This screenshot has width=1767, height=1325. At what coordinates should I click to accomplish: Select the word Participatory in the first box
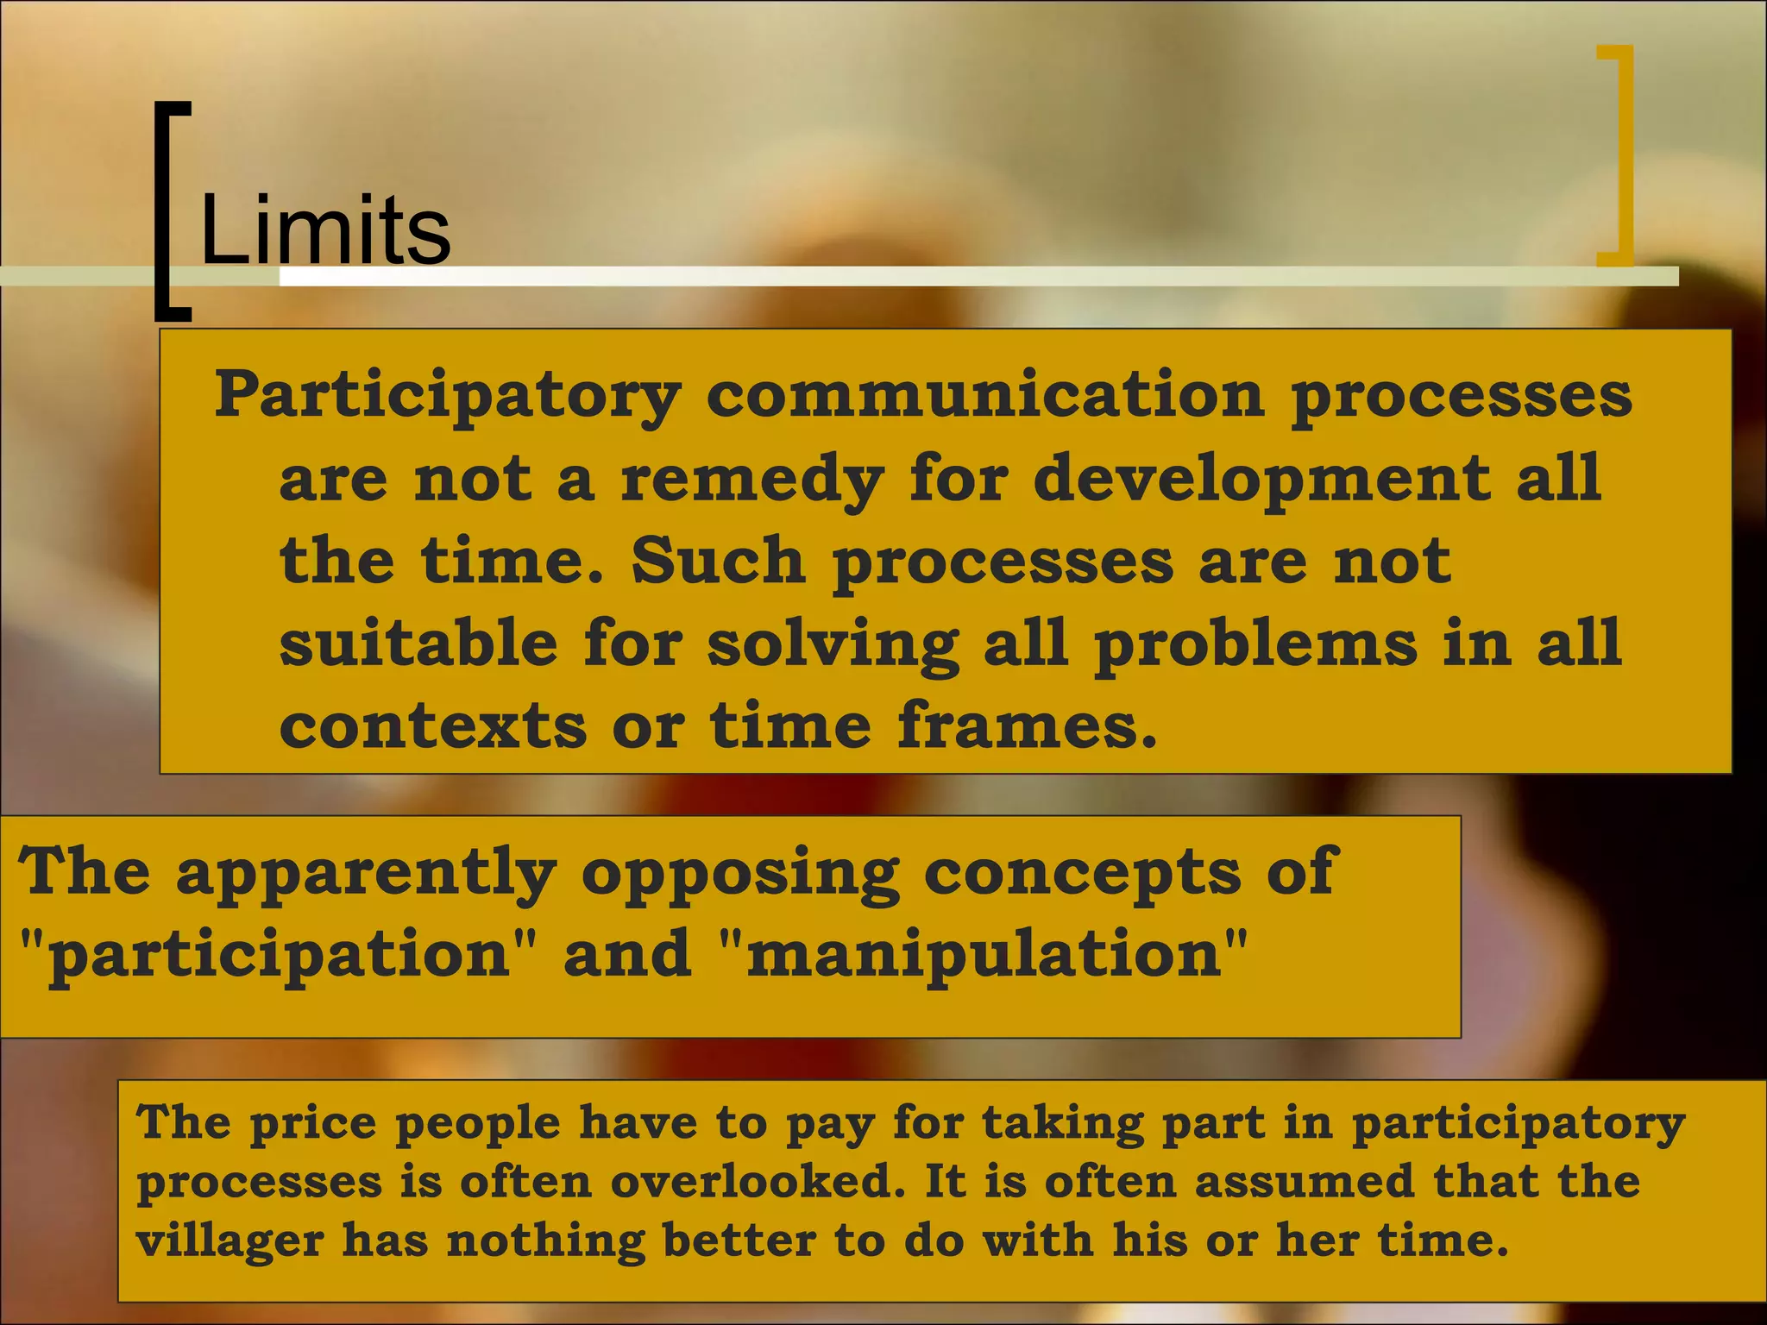[448, 395]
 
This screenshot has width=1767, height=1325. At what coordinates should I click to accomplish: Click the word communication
[985, 393]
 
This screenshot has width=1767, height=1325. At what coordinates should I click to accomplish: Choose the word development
[1261, 478]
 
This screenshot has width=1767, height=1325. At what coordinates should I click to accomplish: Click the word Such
[719, 561]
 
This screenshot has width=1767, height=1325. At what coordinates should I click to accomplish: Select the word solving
[833, 644]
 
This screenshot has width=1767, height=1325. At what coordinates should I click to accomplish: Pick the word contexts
[433, 725]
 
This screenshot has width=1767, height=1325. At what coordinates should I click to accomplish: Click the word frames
[1027, 725]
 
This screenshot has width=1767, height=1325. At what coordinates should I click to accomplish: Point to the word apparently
[366, 873]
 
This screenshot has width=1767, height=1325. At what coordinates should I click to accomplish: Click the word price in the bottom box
[313, 1123]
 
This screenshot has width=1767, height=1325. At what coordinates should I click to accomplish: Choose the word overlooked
[758, 1182]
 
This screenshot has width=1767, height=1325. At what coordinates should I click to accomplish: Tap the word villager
[230, 1241]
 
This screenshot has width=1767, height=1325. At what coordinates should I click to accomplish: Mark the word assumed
[1304, 1182]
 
